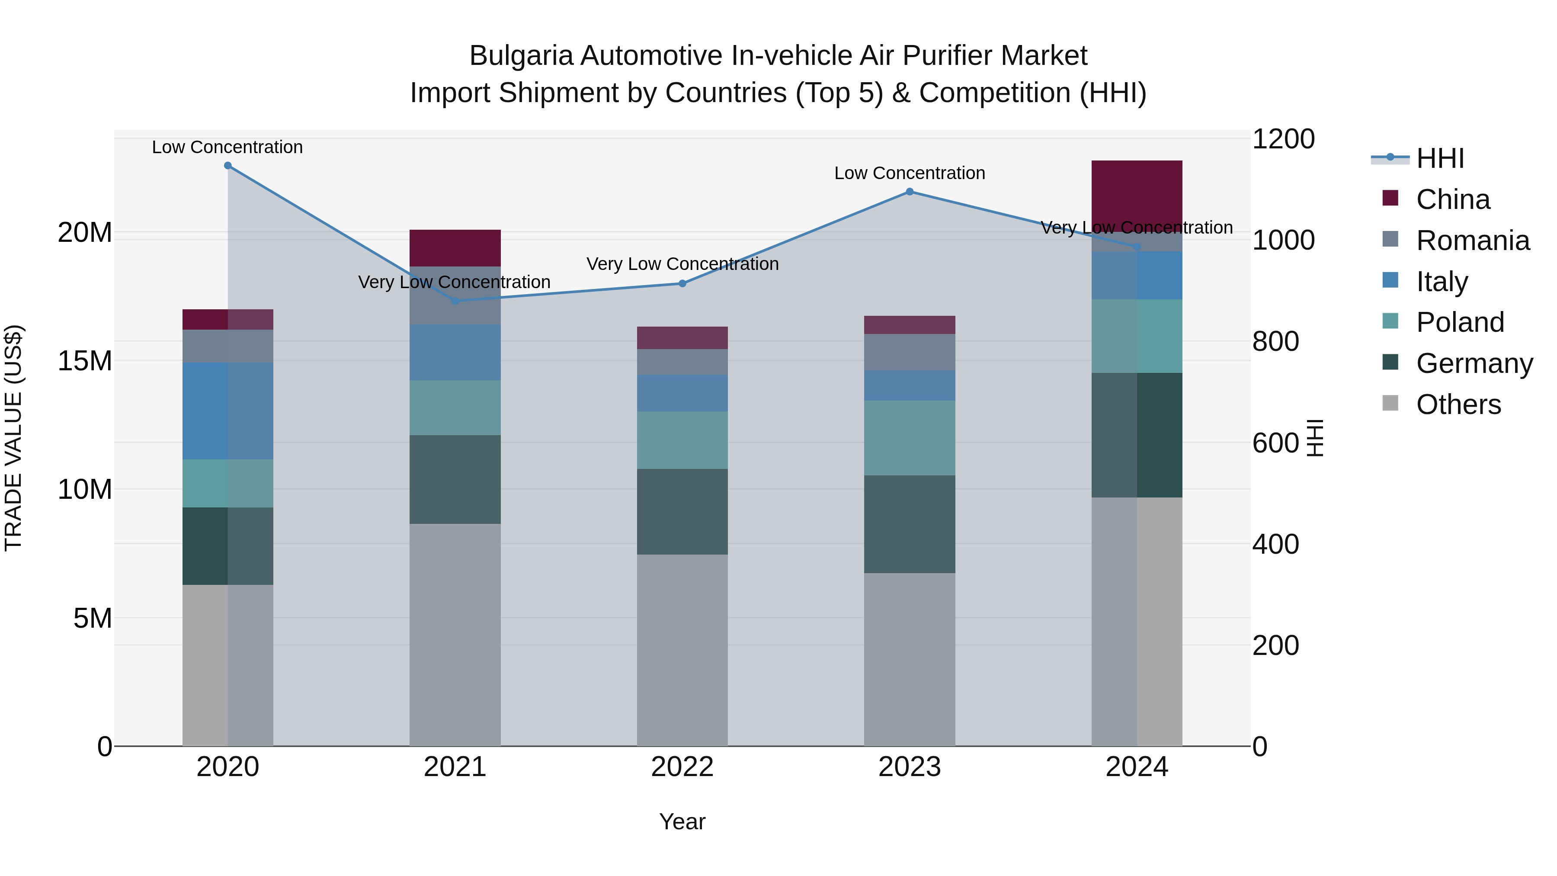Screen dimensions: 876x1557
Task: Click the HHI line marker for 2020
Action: coord(228,166)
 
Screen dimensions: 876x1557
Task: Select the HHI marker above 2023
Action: coord(909,192)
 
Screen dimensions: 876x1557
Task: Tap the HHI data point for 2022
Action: coord(682,283)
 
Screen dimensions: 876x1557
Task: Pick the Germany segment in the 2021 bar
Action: coord(455,479)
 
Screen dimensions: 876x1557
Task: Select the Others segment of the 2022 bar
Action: coord(682,650)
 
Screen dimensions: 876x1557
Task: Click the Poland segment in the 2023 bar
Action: coord(909,438)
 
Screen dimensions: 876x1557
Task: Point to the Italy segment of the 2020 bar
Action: coord(228,411)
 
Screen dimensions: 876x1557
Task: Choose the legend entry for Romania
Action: coord(1472,241)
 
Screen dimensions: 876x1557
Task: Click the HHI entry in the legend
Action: coord(1440,158)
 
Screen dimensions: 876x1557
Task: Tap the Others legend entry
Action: coord(1458,404)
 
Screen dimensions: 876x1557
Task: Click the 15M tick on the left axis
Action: coord(85,361)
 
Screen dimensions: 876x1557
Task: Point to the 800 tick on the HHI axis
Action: coord(1275,342)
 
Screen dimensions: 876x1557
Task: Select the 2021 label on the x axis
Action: coord(455,767)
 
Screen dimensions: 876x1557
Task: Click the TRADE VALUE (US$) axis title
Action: coord(13,438)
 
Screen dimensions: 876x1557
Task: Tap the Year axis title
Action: coord(682,821)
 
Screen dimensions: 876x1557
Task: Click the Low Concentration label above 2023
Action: coord(909,173)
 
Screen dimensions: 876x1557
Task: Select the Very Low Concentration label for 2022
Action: coord(682,264)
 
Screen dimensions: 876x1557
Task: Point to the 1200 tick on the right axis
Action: coord(1283,139)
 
